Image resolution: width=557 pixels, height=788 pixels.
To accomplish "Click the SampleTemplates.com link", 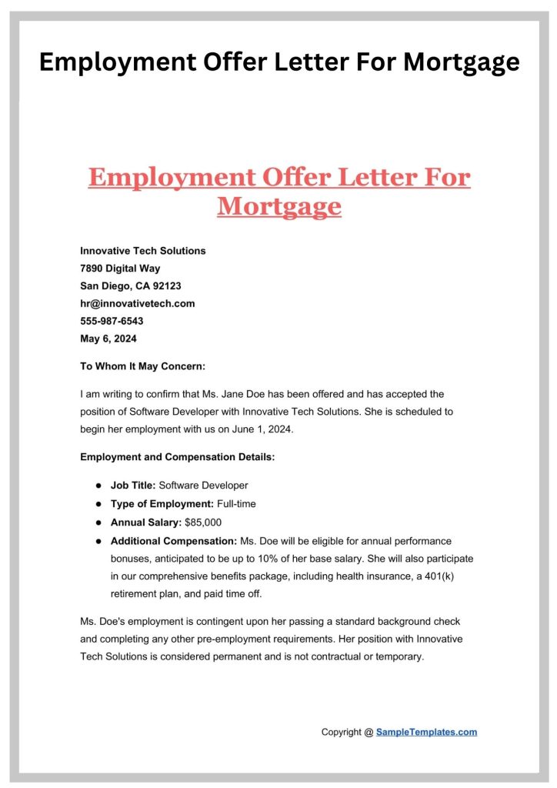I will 426,732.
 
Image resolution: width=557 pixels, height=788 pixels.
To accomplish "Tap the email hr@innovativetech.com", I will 137,303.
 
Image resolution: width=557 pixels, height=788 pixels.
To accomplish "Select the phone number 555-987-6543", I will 112,321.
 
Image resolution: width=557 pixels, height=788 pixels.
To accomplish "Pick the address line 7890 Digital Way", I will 120,268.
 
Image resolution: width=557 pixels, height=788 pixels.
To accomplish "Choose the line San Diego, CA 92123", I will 130,285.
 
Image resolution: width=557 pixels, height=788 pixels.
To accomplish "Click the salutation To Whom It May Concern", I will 142,366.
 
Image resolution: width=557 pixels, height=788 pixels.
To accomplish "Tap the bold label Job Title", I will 133,486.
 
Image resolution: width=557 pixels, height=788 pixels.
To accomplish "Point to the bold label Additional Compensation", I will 174,541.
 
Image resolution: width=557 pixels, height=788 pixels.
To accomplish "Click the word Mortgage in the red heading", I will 278,206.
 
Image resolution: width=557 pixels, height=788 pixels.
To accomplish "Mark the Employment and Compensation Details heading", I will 177,457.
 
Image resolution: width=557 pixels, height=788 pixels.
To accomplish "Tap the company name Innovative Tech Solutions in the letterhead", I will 142,251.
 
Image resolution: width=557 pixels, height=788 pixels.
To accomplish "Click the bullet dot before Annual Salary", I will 99,523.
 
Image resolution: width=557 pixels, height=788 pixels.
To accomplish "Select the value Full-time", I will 237,504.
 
